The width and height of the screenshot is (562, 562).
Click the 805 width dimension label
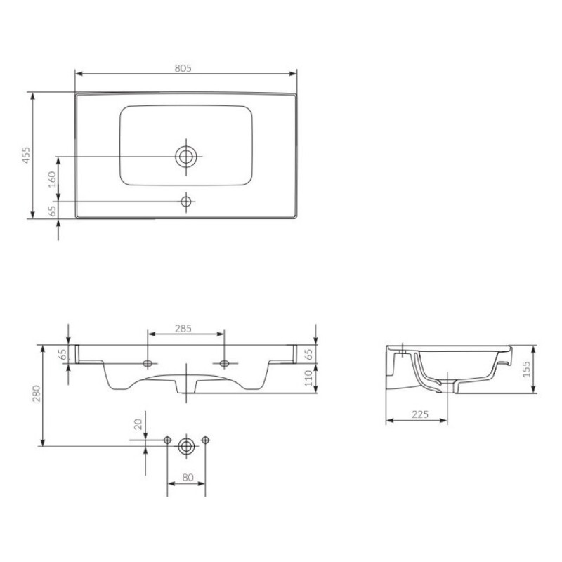183,68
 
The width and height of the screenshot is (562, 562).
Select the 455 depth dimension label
27,155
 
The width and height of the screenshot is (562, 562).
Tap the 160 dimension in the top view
52,179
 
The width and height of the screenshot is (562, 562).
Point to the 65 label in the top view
52,211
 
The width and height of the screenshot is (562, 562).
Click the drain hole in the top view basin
186,157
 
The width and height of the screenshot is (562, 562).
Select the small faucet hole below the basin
186,202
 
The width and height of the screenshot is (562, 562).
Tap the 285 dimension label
183,328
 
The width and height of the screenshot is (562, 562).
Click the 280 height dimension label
37,393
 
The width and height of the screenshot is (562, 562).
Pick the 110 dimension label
308,378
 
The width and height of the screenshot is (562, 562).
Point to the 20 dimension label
138,424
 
